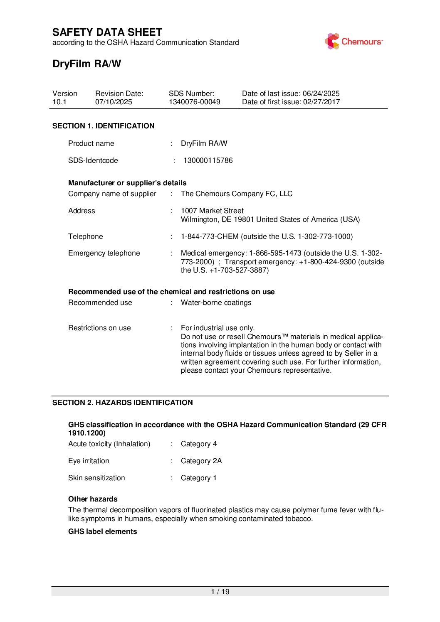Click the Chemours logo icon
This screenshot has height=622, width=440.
click(x=332, y=42)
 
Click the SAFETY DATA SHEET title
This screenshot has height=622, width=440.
click(x=107, y=32)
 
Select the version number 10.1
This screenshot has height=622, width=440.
click(x=59, y=102)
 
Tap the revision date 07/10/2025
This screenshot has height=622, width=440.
click(x=114, y=102)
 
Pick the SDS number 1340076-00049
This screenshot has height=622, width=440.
click(x=194, y=102)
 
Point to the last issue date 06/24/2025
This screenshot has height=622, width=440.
click(x=321, y=93)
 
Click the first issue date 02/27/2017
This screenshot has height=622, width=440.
click(x=321, y=102)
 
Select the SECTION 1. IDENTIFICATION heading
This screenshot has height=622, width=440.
click(x=103, y=126)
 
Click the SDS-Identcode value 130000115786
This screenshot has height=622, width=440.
click(x=208, y=160)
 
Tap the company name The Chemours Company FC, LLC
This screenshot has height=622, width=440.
click(x=237, y=194)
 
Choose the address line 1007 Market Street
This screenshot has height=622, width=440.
click(x=212, y=211)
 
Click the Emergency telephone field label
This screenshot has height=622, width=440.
click(x=104, y=253)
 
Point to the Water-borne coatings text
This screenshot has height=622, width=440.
click(x=216, y=302)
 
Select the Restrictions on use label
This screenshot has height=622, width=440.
click(x=99, y=328)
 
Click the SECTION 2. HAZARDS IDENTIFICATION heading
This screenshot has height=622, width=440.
click(x=122, y=403)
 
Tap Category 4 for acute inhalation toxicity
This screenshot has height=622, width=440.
click(x=199, y=444)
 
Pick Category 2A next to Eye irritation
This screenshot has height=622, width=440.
click(x=201, y=461)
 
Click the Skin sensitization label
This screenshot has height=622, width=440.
click(x=96, y=478)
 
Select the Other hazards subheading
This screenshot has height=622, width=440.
click(x=93, y=499)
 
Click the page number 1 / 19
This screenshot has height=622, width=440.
click(x=220, y=592)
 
